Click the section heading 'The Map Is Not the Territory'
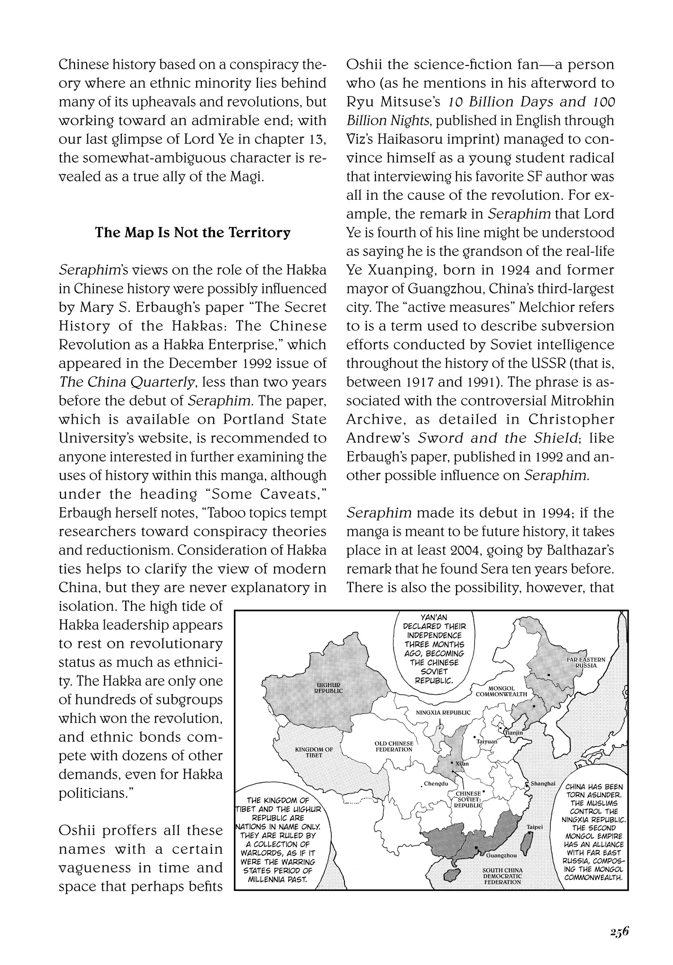click(x=192, y=233)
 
